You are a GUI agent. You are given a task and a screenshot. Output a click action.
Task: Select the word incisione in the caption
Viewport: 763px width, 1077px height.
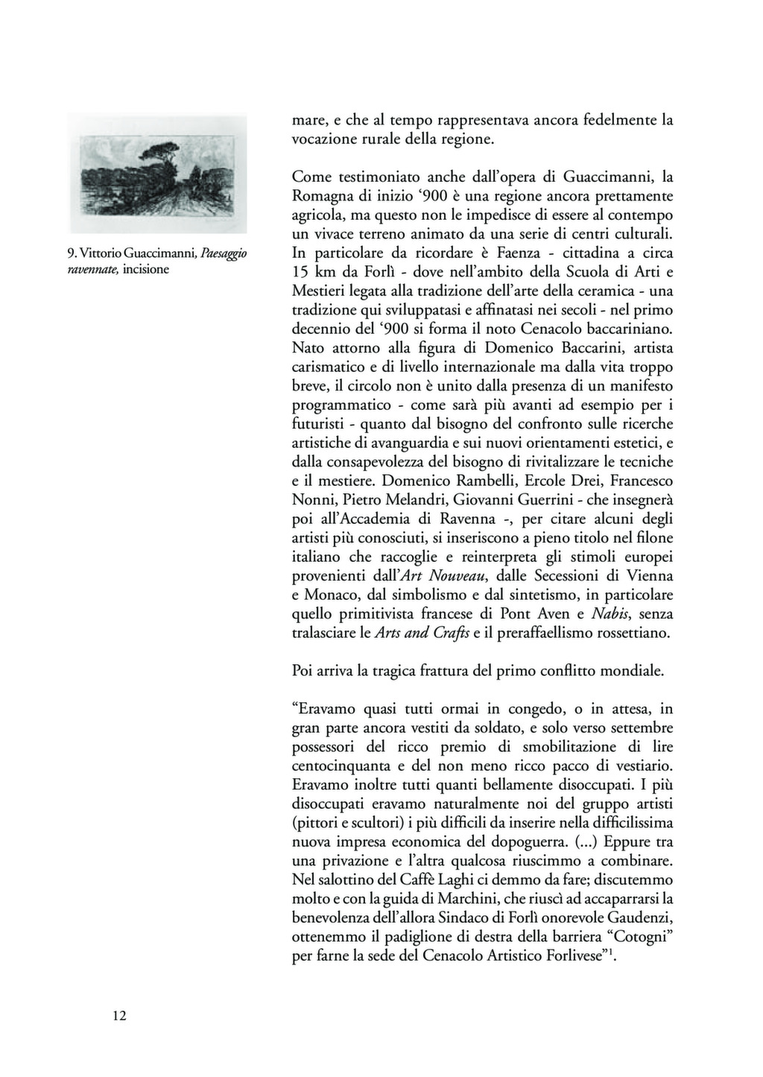click(146, 269)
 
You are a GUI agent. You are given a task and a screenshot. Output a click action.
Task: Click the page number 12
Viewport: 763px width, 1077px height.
click(119, 1015)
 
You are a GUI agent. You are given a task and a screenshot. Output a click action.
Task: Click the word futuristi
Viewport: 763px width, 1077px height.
click(320, 424)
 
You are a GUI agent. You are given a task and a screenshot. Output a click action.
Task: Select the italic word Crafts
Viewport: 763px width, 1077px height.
click(450, 634)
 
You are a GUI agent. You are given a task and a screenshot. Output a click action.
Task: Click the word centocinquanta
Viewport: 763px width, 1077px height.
click(341, 765)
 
